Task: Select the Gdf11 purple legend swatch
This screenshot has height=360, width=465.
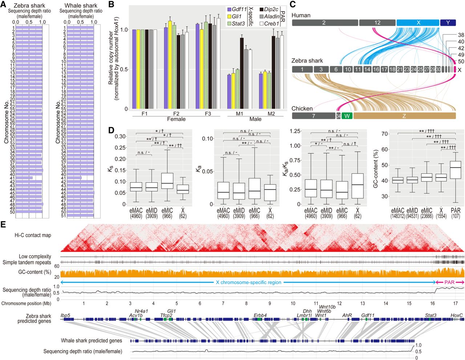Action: tap(229, 9)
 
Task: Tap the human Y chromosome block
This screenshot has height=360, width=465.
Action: tap(448, 22)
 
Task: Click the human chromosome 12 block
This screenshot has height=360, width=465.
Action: tap(377, 22)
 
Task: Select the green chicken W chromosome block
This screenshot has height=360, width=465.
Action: tap(347, 116)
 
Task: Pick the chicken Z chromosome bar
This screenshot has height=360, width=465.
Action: tap(404, 116)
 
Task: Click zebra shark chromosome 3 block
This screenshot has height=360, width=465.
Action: tap(321, 69)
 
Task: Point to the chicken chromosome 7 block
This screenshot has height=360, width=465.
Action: tap(313, 116)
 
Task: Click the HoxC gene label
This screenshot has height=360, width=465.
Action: tap(457, 315)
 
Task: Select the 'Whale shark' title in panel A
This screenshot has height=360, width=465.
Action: tap(81, 5)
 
